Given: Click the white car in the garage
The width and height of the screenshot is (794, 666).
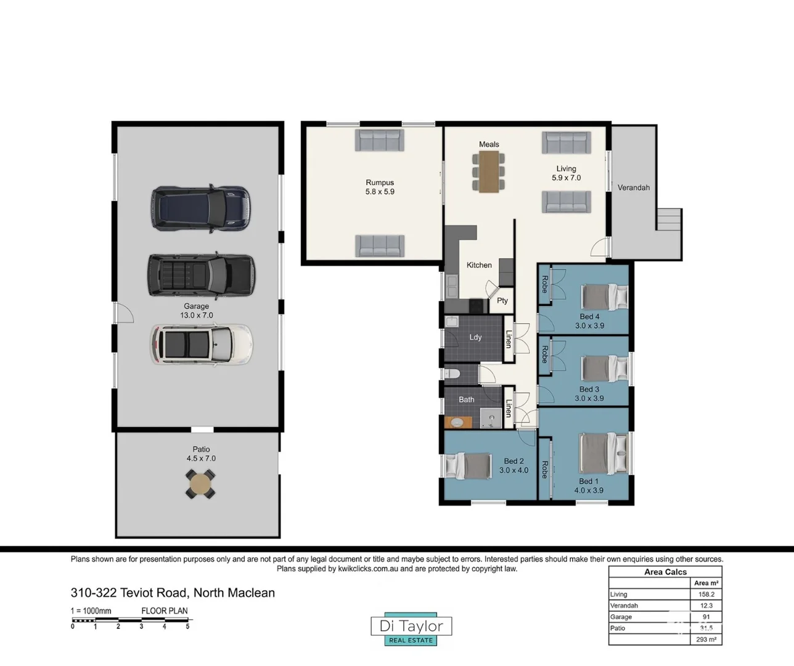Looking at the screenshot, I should [x=201, y=344].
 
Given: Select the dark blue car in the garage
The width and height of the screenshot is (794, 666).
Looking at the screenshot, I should [x=201, y=208].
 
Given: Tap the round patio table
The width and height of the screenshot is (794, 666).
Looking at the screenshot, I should [x=200, y=484].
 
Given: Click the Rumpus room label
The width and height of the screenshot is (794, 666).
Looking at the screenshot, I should [x=380, y=183].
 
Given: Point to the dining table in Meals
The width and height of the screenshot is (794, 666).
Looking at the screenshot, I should [x=488, y=171].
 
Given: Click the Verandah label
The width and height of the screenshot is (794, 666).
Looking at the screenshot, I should [x=633, y=187].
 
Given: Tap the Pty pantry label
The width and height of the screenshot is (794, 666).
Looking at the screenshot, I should [x=502, y=300].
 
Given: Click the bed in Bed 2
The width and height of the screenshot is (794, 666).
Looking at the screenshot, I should [x=469, y=466].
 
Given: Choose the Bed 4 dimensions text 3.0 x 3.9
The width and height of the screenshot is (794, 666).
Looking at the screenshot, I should [x=589, y=326].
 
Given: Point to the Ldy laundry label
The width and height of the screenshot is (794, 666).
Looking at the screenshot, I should [x=475, y=337].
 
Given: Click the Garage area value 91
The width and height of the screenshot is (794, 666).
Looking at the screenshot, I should [x=706, y=617].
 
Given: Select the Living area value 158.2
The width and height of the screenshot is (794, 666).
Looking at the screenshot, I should [x=706, y=594].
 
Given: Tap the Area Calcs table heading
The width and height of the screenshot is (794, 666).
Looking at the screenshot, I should [x=665, y=572].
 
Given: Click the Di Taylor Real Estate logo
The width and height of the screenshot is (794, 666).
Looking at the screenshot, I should [x=411, y=629].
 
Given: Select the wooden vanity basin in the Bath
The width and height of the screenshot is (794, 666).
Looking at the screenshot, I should [x=458, y=422].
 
